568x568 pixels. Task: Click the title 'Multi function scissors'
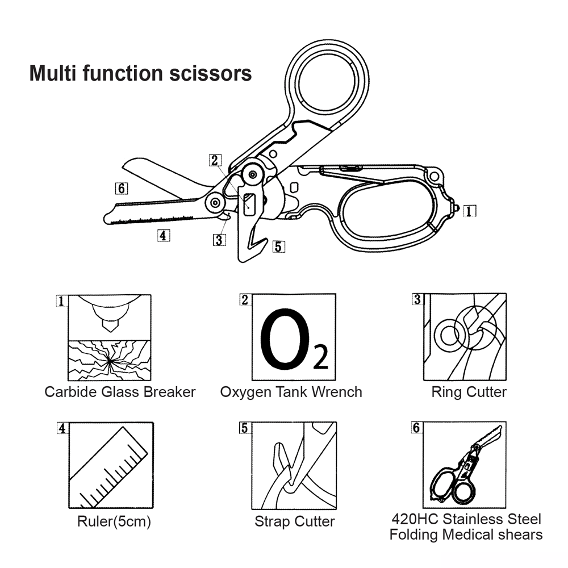pyautogui.click(x=140, y=74)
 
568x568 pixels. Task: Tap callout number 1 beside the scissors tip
pyautogui.click(x=469, y=211)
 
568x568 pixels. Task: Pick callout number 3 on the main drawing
pyautogui.click(x=219, y=240)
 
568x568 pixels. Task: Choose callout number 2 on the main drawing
pyautogui.click(x=215, y=161)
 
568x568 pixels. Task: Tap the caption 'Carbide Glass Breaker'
pyautogui.click(x=120, y=392)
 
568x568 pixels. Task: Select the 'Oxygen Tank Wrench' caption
pyautogui.click(x=291, y=392)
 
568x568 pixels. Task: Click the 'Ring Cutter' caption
pyautogui.click(x=469, y=392)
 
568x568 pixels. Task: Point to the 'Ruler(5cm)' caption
pyautogui.click(x=114, y=521)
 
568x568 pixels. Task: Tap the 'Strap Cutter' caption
pyautogui.click(x=294, y=521)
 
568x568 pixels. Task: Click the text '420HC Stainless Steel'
pyautogui.click(x=466, y=519)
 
